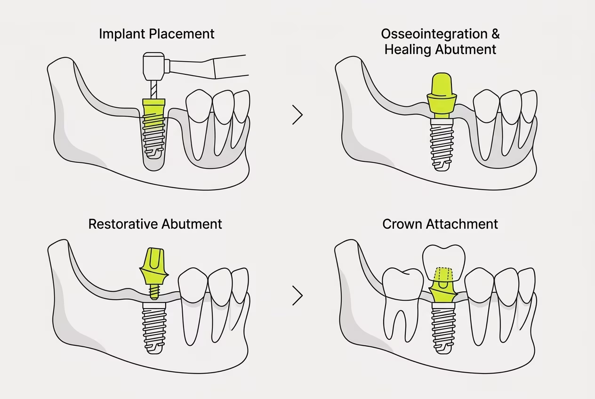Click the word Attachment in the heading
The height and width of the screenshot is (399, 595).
(462, 224)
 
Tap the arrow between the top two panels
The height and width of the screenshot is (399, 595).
(297, 115)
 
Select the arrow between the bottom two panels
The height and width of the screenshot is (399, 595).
(297, 295)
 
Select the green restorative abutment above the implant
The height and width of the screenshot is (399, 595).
(153, 269)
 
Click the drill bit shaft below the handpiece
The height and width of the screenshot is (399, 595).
(153, 89)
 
